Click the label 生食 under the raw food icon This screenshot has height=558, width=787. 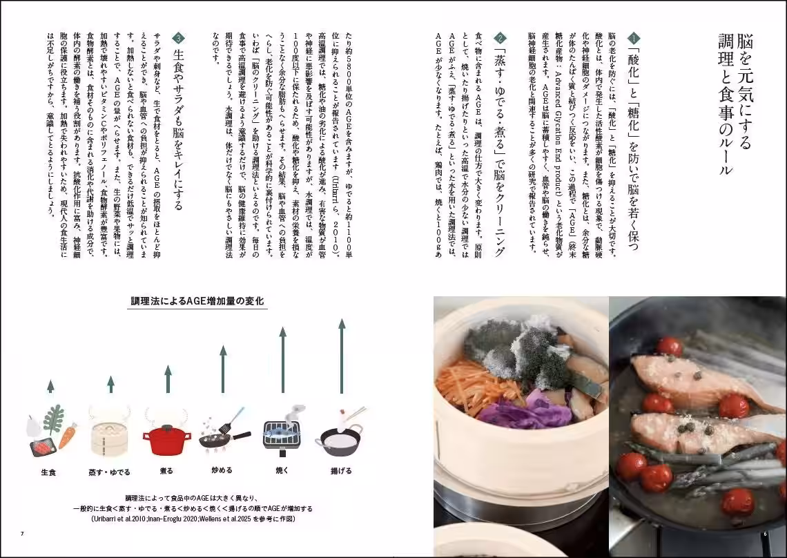click(x=48, y=472)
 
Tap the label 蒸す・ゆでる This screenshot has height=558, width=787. click(x=110, y=472)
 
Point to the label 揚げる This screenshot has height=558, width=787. click(x=341, y=471)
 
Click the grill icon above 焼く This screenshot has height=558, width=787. click(x=281, y=433)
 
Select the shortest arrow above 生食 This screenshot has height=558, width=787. click(x=50, y=386)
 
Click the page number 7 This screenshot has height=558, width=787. click(x=22, y=533)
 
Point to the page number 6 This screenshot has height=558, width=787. click(x=764, y=533)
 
